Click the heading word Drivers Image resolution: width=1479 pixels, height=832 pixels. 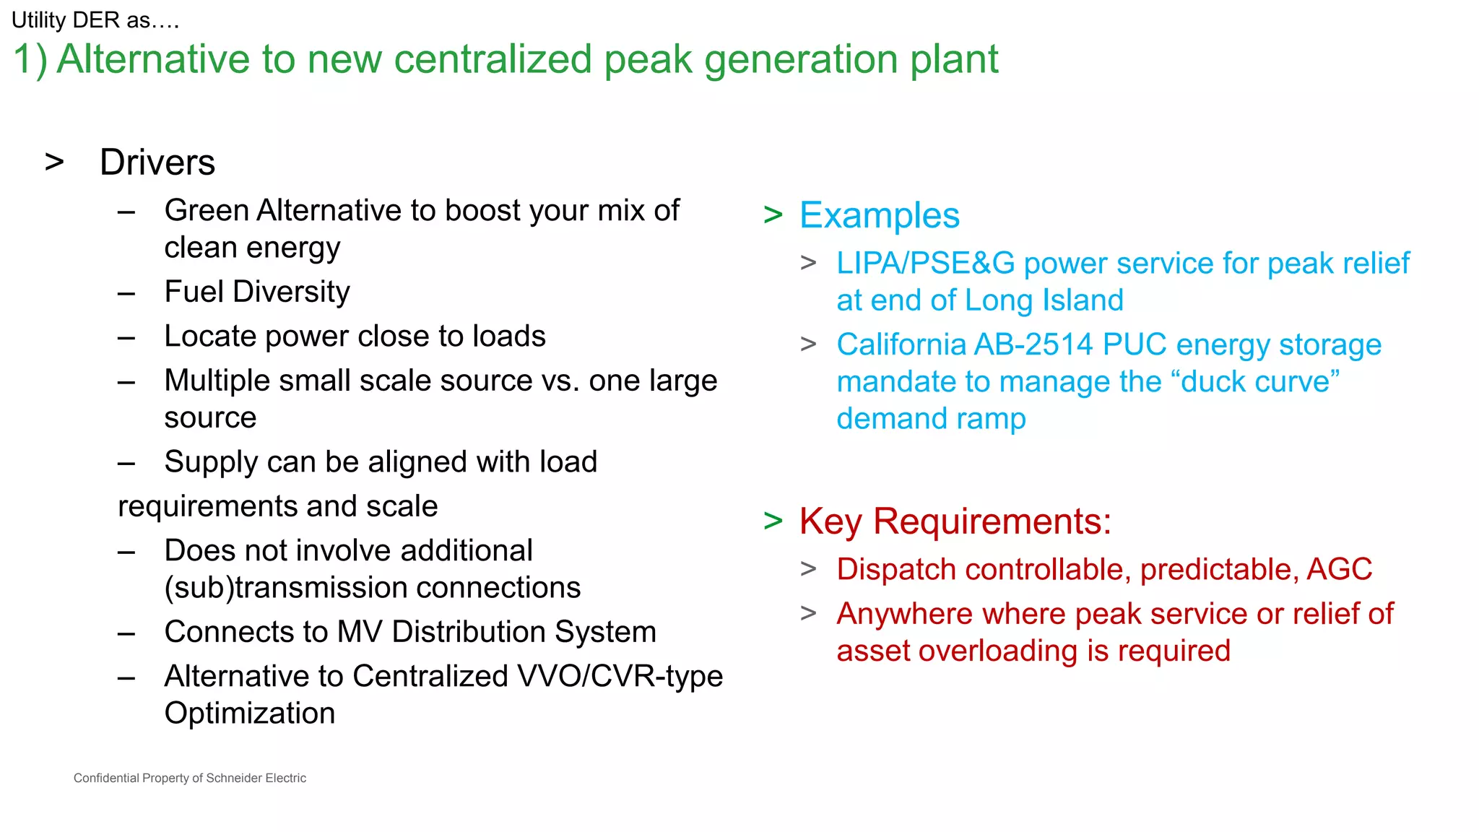(157, 162)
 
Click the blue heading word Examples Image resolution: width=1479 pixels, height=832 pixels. (879, 216)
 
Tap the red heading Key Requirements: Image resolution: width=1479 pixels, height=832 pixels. (955, 521)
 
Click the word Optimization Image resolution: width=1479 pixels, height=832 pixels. (249, 714)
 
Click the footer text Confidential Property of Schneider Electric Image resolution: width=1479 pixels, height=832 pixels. (190, 778)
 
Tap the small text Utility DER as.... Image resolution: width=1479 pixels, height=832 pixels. (95, 20)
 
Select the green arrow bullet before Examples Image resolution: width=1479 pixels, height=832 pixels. (773, 216)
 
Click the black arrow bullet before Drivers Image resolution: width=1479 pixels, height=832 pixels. (54, 162)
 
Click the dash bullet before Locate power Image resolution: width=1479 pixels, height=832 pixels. (126, 337)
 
